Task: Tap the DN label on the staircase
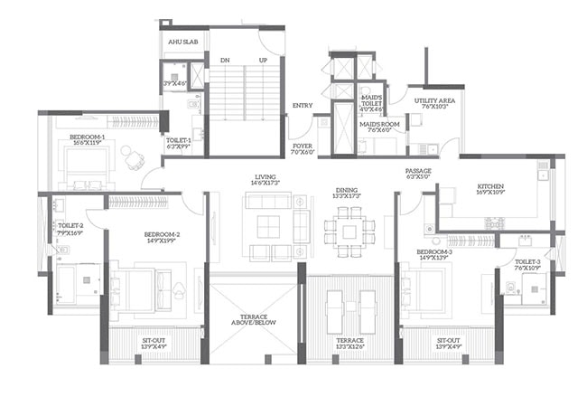224,61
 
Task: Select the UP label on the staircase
263,61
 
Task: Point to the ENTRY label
303,106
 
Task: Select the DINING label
348,192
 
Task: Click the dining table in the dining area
349,231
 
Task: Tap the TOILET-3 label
526,264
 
